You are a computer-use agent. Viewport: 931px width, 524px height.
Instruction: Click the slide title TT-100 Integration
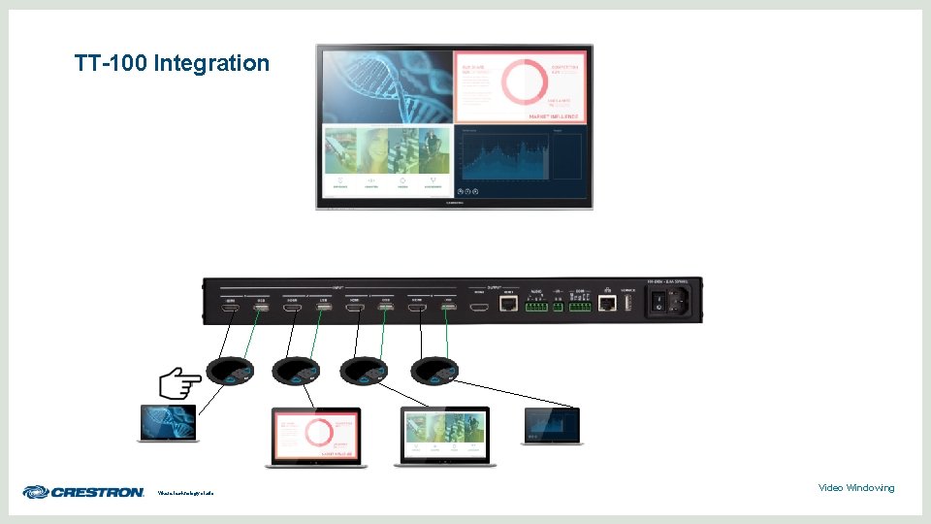(172, 64)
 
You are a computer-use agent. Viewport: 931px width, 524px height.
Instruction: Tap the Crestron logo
(83, 492)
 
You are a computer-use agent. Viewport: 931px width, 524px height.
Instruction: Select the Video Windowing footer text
(855, 487)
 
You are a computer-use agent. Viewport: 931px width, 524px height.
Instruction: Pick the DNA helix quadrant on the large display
(387, 87)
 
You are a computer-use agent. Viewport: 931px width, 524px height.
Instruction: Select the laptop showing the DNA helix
(169, 424)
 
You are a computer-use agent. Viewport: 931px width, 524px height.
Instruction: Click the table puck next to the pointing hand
(230, 370)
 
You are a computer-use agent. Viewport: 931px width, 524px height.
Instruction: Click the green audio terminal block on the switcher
(536, 306)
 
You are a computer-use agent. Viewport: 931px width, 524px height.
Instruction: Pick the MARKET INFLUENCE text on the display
(554, 116)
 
